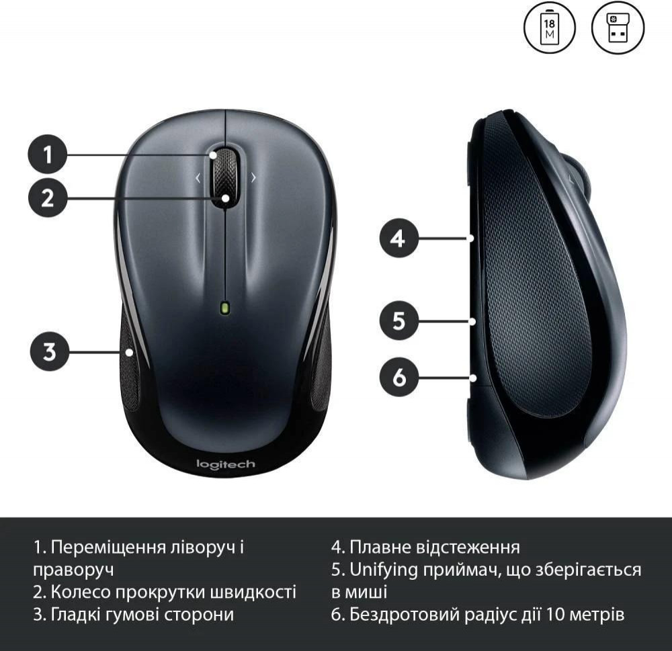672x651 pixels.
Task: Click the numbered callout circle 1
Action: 48,155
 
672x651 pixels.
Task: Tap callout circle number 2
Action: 48,198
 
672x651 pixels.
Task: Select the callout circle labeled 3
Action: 50,351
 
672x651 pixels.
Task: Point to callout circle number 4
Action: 398,238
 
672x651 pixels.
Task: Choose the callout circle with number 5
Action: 398,320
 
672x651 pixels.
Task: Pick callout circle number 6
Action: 398,377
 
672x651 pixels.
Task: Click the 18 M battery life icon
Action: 550,28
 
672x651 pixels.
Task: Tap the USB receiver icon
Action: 618,28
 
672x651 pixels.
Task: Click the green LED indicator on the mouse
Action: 225,308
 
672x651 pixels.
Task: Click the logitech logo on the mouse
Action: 225,465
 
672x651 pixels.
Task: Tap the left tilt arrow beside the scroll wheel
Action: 198,177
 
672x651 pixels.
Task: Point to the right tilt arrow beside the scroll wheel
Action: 253,177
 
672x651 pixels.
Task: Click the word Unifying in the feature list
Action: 384,570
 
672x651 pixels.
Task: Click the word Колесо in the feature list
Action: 81,592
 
